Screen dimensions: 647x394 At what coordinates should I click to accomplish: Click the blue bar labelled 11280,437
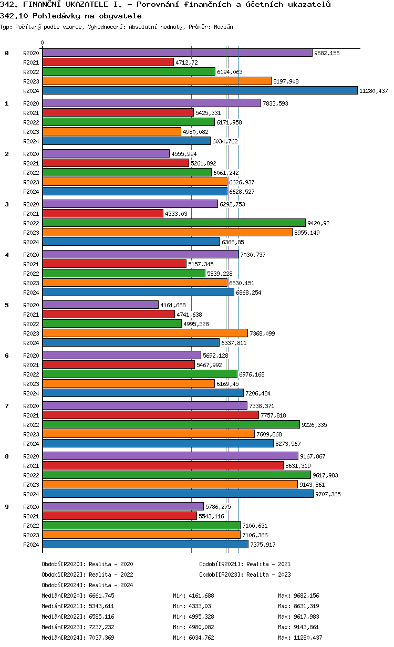tap(200, 90)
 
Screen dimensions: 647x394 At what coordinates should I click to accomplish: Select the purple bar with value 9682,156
tap(177, 53)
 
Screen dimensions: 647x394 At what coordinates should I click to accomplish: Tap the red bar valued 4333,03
tap(102, 213)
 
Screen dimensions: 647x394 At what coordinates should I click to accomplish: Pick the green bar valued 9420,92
tap(173, 223)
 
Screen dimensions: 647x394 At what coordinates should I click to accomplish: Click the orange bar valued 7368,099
tap(144, 333)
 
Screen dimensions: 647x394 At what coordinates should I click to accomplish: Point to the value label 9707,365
tap(328, 494)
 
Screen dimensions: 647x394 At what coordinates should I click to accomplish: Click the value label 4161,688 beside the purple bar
tap(173, 305)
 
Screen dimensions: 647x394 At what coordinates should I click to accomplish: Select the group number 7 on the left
tap(7, 406)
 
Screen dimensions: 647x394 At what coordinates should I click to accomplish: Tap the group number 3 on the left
tap(7, 204)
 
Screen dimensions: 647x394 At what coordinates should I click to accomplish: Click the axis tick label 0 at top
tap(43, 43)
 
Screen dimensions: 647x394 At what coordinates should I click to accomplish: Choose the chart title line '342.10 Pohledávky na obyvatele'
tap(71, 16)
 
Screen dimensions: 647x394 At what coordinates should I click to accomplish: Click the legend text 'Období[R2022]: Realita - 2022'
tap(87, 575)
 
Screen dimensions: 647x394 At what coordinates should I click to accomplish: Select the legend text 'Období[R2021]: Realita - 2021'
tap(245, 564)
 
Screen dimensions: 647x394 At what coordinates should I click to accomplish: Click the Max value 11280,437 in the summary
tap(307, 638)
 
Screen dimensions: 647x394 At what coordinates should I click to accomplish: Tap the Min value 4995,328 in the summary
tap(199, 617)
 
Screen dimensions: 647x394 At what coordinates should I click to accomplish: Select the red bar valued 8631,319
tap(162, 465)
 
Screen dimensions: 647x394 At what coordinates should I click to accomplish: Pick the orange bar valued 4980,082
tap(111, 131)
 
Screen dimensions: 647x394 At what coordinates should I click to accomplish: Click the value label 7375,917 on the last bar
tap(263, 545)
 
